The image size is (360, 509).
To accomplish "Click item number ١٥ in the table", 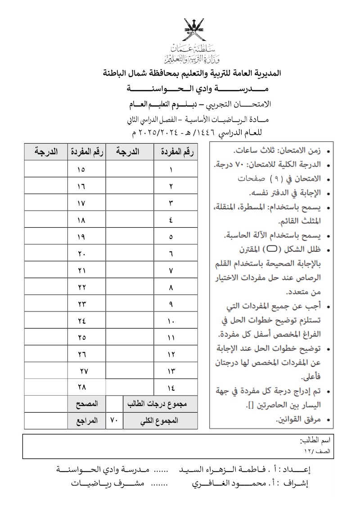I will coord(81,170).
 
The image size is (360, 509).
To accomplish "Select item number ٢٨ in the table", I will coord(81,386).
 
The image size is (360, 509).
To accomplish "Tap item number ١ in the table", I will coord(171,170).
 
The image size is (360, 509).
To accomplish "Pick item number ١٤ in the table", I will coord(171,386).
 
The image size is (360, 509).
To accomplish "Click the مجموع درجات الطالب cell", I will coord(160,403).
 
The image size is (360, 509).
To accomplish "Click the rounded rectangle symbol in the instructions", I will coord(273,248).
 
